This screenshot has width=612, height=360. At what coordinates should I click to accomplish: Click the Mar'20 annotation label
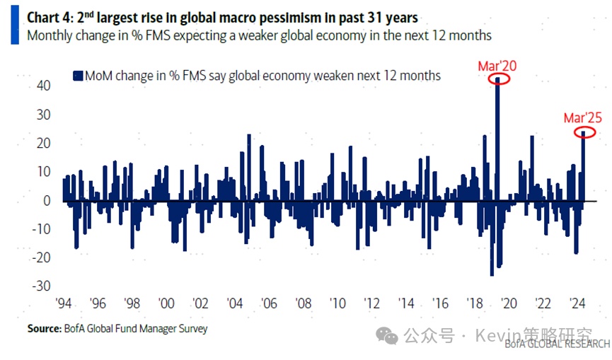click(497, 66)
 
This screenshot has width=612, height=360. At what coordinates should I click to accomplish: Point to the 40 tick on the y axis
click(43, 85)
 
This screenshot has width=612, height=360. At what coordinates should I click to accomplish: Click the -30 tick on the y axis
click(41, 285)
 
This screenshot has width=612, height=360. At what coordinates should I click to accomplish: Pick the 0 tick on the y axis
click(47, 200)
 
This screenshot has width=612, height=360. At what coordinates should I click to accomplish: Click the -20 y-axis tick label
click(41, 257)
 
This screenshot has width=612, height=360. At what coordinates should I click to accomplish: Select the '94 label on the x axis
click(64, 303)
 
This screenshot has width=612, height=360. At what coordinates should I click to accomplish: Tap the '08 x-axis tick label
click(304, 303)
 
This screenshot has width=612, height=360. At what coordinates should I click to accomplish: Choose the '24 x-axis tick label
click(576, 303)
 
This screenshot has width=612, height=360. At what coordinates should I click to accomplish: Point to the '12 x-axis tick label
click(371, 303)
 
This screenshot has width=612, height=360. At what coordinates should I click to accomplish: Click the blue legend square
click(77, 75)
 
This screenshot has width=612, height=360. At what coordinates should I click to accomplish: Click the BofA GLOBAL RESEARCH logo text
click(557, 344)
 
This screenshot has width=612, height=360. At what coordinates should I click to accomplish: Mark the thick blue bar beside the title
click(14, 25)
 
